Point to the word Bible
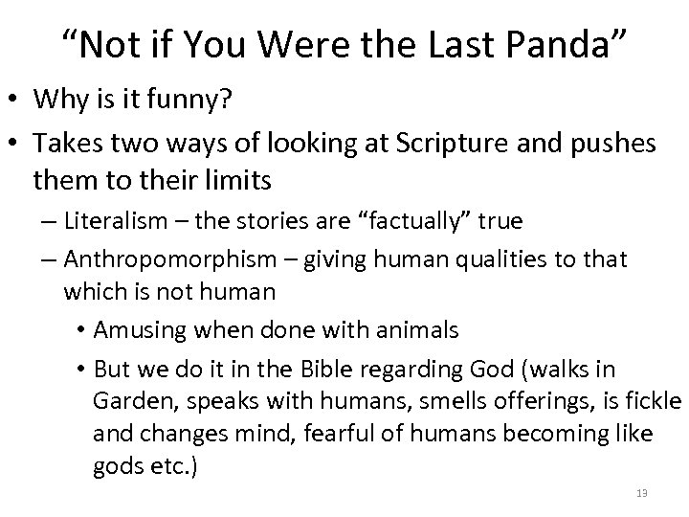[x=359, y=369]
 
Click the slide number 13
[x=641, y=493]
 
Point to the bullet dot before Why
[x=16, y=98]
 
